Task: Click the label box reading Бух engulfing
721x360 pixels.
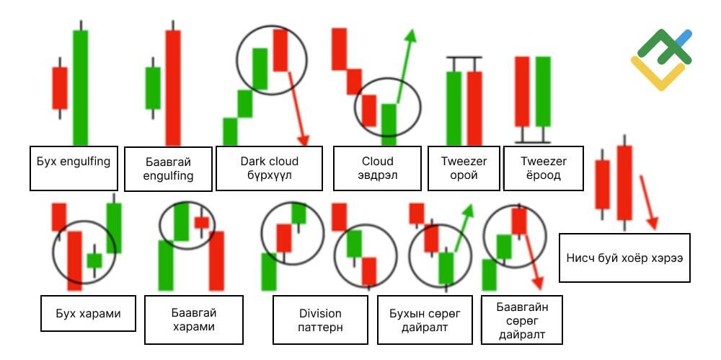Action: coord(74,169)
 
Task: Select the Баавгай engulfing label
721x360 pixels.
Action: coord(168,169)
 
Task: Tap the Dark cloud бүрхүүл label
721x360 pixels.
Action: coord(269,168)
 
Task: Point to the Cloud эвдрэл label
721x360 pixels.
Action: coord(377,168)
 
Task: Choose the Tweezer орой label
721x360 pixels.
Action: coord(464,168)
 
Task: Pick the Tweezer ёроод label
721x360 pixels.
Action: coord(544,168)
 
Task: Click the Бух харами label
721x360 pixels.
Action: coord(88,314)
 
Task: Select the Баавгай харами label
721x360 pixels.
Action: coord(193,320)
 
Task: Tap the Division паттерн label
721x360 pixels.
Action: coord(321,320)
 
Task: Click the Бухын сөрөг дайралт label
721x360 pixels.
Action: coord(425,320)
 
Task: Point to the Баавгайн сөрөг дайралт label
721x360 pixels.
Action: coord(522,320)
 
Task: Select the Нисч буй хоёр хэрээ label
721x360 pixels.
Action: coord(624,258)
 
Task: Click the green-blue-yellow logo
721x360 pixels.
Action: coord(661,59)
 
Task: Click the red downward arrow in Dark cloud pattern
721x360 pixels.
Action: coord(298,108)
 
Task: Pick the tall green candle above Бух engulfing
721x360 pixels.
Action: coord(81,83)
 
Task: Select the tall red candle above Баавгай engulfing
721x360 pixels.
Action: coord(173,83)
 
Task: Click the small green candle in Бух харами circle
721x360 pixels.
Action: coord(94,260)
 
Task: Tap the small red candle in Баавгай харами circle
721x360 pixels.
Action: coord(201,223)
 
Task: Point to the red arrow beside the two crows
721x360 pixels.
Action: coord(648,202)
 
